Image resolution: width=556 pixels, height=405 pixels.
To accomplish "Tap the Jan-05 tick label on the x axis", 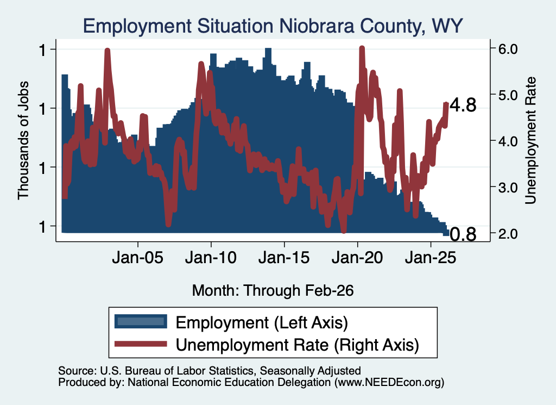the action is tap(137, 258).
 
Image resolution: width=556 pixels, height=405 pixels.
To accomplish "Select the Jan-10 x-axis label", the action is tap(211, 258).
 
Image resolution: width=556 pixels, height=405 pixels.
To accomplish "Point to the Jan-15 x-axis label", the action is tap(284, 258).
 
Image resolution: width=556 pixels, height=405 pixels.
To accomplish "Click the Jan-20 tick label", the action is tap(357, 258).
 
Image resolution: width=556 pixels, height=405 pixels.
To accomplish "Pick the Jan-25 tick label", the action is tap(431, 258).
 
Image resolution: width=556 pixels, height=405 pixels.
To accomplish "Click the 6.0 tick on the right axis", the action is tap(508, 49).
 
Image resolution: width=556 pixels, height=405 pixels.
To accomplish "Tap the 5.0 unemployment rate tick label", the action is tap(508, 95).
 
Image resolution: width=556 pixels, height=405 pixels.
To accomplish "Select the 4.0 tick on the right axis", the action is tap(508, 141).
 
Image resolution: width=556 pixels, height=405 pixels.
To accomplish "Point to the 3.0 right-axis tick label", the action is tap(508, 188).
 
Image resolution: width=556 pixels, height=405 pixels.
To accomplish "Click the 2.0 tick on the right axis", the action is tap(508, 234).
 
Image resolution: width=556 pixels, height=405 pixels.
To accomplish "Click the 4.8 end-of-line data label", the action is tap(463, 105).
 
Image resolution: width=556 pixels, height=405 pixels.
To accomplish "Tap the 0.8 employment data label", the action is tap(463, 234).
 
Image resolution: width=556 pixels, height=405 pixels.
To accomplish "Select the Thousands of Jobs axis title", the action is tap(23, 141).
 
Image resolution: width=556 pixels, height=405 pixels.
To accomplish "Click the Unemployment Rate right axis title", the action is tap(530, 141).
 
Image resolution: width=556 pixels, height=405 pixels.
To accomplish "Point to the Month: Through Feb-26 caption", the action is tap(273, 290).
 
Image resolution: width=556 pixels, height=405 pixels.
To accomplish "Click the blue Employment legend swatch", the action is tap(141, 321).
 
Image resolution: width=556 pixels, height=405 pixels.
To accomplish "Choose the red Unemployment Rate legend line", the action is tap(141, 344).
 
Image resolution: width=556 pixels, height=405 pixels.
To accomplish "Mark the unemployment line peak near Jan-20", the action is tap(362, 47).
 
